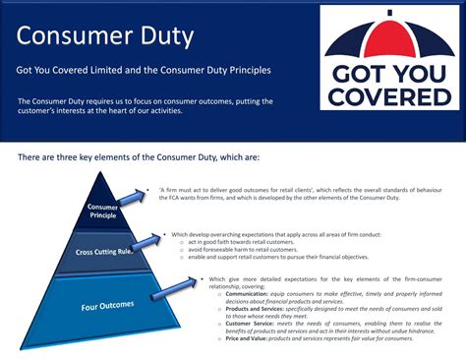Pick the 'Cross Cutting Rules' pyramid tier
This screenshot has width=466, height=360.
click(104, 253)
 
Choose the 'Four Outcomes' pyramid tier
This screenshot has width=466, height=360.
click(106, 306)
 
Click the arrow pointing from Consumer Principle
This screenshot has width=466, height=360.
click(134, 200)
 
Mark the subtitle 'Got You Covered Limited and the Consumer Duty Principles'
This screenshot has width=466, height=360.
click(143, 71)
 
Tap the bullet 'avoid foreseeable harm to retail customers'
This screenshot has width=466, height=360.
click(248, 250)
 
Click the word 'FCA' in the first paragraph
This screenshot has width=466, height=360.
click(169, 198)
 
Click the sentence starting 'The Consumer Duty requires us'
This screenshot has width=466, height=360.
click(145, 105)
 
